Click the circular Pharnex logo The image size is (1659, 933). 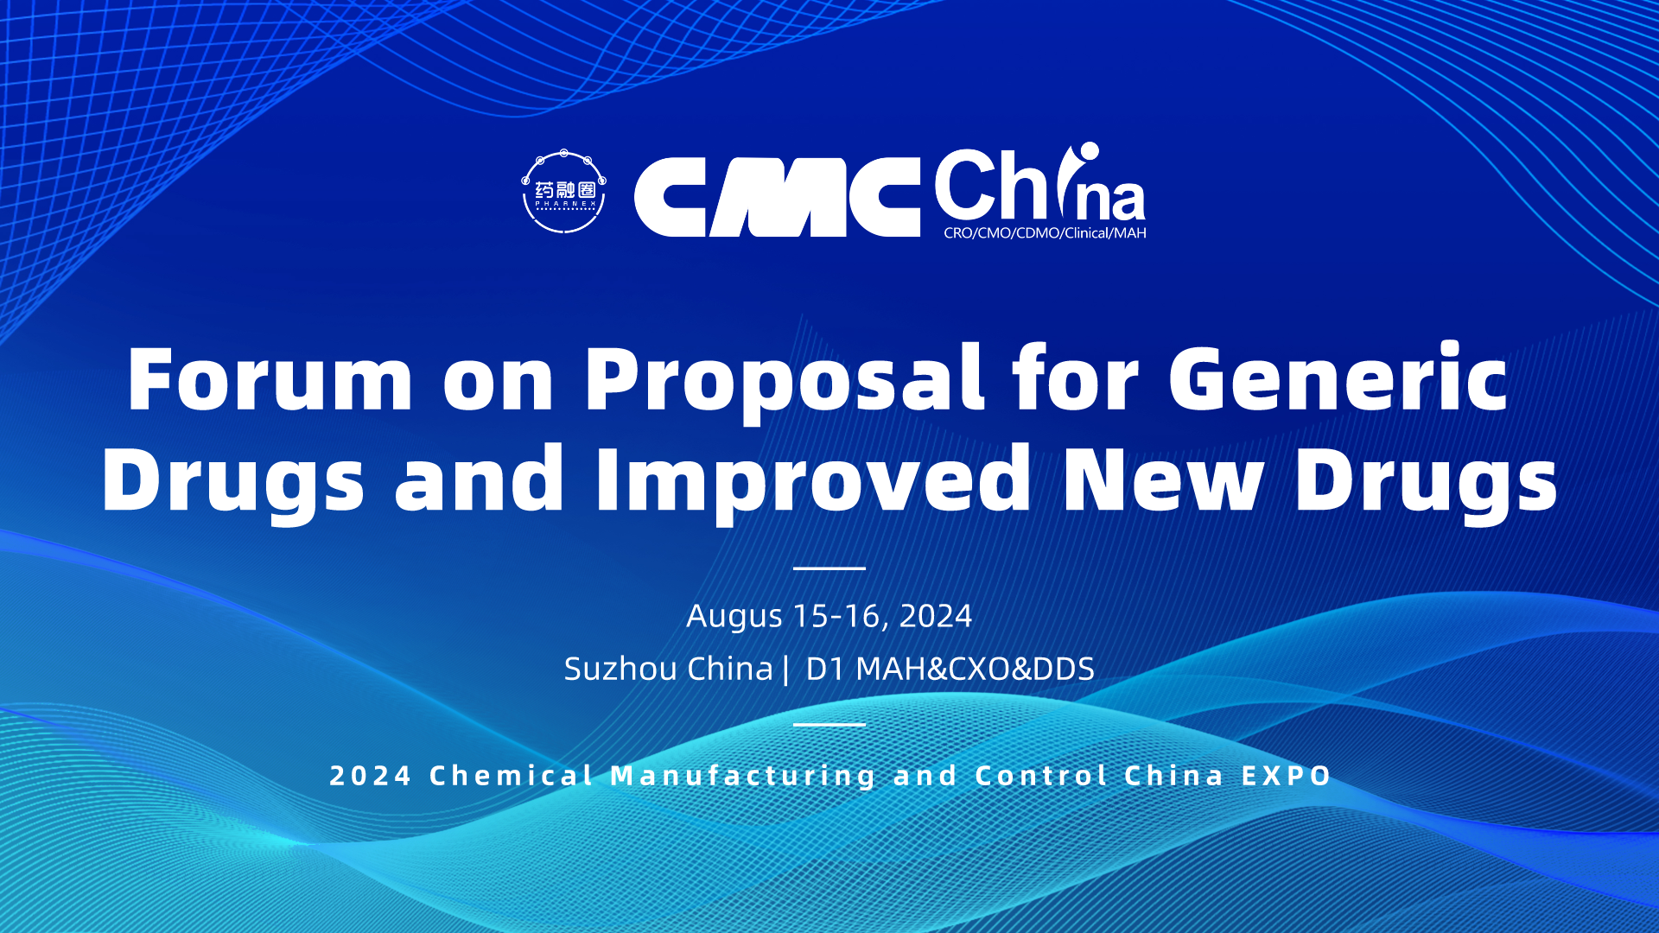563,192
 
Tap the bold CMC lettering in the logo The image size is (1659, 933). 777,197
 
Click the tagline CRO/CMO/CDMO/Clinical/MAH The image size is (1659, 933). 1045,233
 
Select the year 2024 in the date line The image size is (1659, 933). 936,616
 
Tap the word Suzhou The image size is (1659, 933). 620,669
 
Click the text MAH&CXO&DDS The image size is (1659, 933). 975,669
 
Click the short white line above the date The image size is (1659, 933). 829,568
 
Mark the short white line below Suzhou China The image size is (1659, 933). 829,724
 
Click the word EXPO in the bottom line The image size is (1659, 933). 1287,776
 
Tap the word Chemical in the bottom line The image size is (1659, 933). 512,776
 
